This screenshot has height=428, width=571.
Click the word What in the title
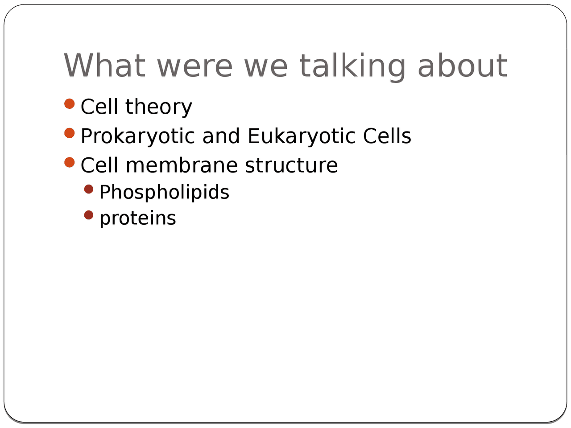pos(104,65)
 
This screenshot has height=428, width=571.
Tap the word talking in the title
pos(352,67)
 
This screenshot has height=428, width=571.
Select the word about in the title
pos(463,65)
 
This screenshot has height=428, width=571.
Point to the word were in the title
pos(194,68)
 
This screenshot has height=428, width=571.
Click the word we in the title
pos(266,68)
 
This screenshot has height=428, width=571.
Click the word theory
pos(159,107)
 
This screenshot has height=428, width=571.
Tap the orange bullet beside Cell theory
pos(70,104)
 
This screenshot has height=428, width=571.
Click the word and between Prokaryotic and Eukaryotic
pos(221,136)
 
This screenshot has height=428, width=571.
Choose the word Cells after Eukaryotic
pos(387,136)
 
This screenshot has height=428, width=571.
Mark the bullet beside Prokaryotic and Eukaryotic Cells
pos(70,133)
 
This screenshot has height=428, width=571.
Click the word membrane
pos(182,165)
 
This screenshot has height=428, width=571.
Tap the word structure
pos(291,165)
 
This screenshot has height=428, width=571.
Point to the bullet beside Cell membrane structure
pos(70,162)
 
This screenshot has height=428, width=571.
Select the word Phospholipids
pos(165,193)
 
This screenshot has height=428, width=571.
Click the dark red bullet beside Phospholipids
pos(89,189)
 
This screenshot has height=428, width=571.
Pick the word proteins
pos(138,219)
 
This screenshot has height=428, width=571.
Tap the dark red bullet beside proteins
pos(89,215)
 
